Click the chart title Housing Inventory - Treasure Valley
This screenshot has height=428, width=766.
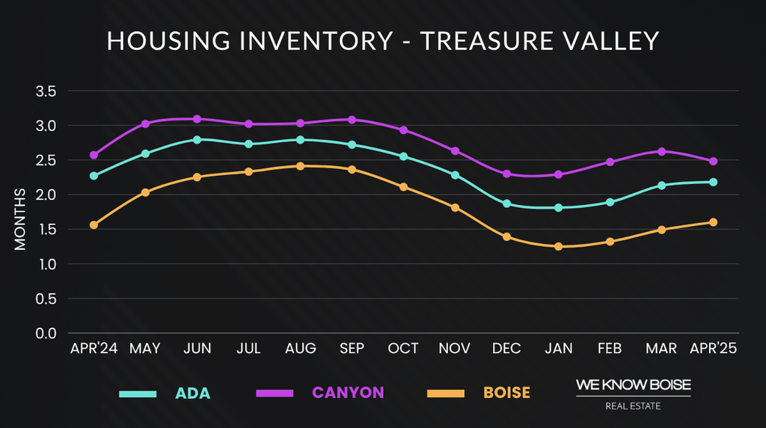click(x=383, y=40)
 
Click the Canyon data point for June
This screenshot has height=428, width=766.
click(x=197, y=119)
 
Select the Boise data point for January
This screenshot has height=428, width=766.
click(x=558, y=246)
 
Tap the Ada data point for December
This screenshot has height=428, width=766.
click(x=506, y=204)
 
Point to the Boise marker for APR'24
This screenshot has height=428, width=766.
click(x=94, y=225)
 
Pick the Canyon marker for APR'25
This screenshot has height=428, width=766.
click(x=713, y=161)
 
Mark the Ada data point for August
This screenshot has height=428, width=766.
click(x=300, y=140)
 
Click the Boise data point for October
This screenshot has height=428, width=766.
click(x=403, y=187)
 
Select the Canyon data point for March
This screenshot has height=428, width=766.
click(x=661, y=151)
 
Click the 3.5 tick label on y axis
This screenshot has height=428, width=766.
click(x=46, y=91)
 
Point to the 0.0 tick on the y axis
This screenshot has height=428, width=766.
click(x=46, y=334)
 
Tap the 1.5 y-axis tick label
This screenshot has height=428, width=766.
click(x=46, y=230)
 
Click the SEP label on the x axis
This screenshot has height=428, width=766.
click(x=352, y=349)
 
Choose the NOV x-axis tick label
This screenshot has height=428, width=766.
click(x=455, y=349)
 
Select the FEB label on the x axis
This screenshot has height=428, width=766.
click(x=610, y=349)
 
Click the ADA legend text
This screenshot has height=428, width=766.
click(x=193, y=393)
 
